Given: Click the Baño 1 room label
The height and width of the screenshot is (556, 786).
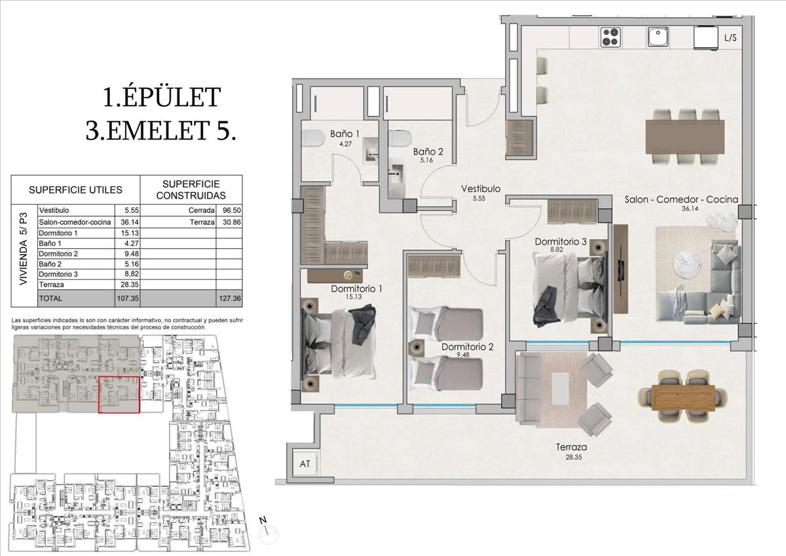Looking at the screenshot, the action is point(345,134).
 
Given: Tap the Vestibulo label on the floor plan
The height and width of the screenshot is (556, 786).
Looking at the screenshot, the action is point(480,189).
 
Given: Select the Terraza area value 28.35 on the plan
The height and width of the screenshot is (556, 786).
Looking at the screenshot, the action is point(573,457).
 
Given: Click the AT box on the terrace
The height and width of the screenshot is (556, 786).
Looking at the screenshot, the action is point(305,464).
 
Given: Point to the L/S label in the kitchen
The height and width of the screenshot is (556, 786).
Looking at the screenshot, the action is point(730,38).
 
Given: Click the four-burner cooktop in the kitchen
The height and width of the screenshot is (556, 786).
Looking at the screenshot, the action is point(611,37).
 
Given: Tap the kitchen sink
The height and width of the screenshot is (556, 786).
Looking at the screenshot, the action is point(658,37).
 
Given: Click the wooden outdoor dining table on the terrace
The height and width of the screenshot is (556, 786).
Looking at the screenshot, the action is point(683,397).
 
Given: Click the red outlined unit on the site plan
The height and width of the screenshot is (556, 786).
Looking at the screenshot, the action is point(119,395).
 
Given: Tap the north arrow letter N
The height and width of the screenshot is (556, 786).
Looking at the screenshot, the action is point(263,520).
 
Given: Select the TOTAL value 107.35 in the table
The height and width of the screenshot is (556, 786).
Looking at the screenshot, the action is point(128,299).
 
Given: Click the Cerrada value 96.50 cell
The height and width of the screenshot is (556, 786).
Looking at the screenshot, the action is point(232,210).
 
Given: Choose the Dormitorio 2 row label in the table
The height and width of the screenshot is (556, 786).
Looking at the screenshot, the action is point(58,253).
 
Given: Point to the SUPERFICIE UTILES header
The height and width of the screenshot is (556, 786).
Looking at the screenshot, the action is point(75,190).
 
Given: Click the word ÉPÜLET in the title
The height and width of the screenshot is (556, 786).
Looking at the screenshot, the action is point(172,97).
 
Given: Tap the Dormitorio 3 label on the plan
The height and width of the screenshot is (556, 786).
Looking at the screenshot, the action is point(561,242).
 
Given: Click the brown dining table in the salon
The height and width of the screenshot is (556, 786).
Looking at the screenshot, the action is point(685,137).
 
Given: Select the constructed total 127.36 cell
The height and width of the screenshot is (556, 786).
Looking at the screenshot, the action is point(230,299).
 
